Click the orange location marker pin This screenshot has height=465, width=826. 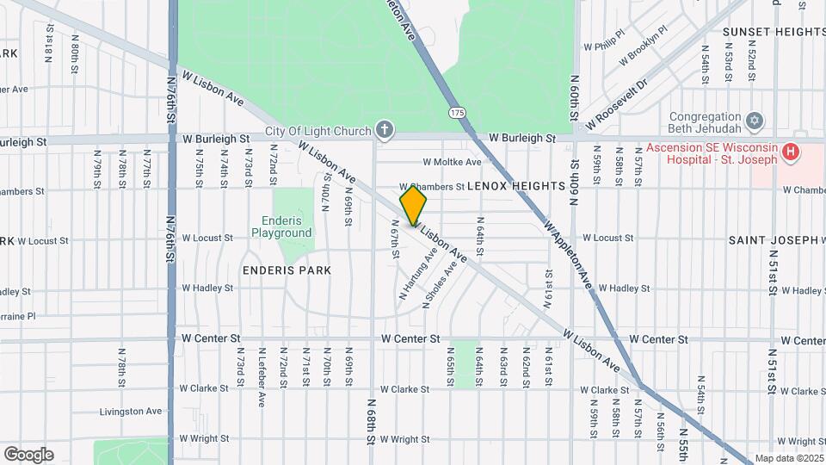(x=413, y=204)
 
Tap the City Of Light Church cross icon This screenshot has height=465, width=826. (x=385, y=131)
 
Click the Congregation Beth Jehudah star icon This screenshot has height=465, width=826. (x=755, y=120)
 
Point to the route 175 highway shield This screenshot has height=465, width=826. (x=457, y=113)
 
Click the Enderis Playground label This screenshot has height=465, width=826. (x=281, y=227)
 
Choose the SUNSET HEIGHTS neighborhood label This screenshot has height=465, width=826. (x=774, y=32)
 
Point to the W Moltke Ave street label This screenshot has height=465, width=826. (x=452, y=162)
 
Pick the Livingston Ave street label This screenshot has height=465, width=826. (x=130, y=412)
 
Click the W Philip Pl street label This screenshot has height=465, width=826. (x=602, y=46)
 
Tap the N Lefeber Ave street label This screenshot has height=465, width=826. (x=260, y=376)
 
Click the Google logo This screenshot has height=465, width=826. (x=28, y=454)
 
